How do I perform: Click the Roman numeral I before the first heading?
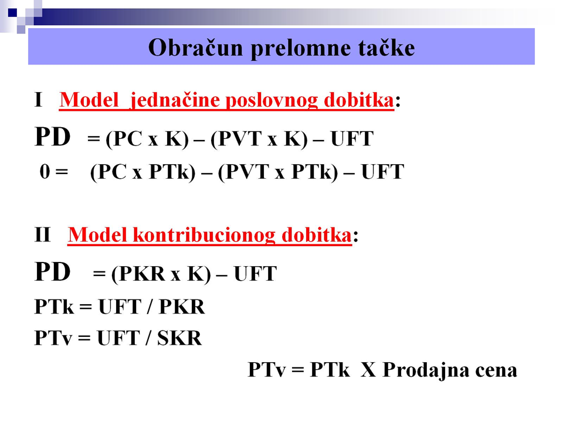click(x=39, y=100)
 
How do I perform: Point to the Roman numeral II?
click(x=42, y=234)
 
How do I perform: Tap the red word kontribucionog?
click(x=204, y=235)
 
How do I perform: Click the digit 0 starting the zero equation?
click(x=45, y=172)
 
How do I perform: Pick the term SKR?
click(x=179, y=338)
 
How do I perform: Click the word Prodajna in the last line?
click(x=426, y=370)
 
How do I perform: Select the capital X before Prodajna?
click(x=368, y=370)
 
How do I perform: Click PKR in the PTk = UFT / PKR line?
click(x=182, y=307)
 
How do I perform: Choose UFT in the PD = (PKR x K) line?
click(x=255, y=274)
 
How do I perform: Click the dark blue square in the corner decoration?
click(x=12, y=12)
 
